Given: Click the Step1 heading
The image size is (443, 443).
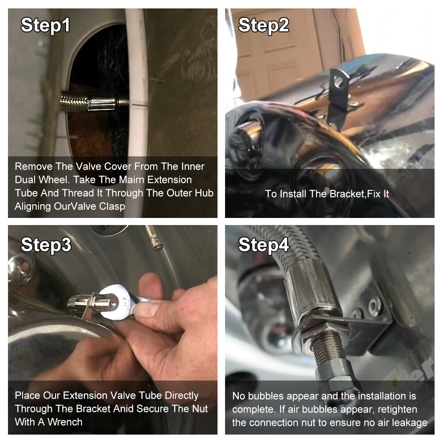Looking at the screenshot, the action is [x=46, y=25].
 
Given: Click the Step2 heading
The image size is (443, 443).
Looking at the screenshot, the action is [x=263, y=25].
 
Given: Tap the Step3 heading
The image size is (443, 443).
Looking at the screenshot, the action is [x=46, y=245].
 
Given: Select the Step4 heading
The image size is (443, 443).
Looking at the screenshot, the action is [x=263, y=245].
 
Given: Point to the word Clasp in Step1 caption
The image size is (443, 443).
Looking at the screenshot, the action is [x=112, y=206].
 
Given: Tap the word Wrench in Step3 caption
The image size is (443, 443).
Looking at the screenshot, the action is [x=65, y=422].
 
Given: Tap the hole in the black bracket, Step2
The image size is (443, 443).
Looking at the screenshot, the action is [x=338, y=82].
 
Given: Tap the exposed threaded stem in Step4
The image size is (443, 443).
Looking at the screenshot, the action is [x=330, y=349].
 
